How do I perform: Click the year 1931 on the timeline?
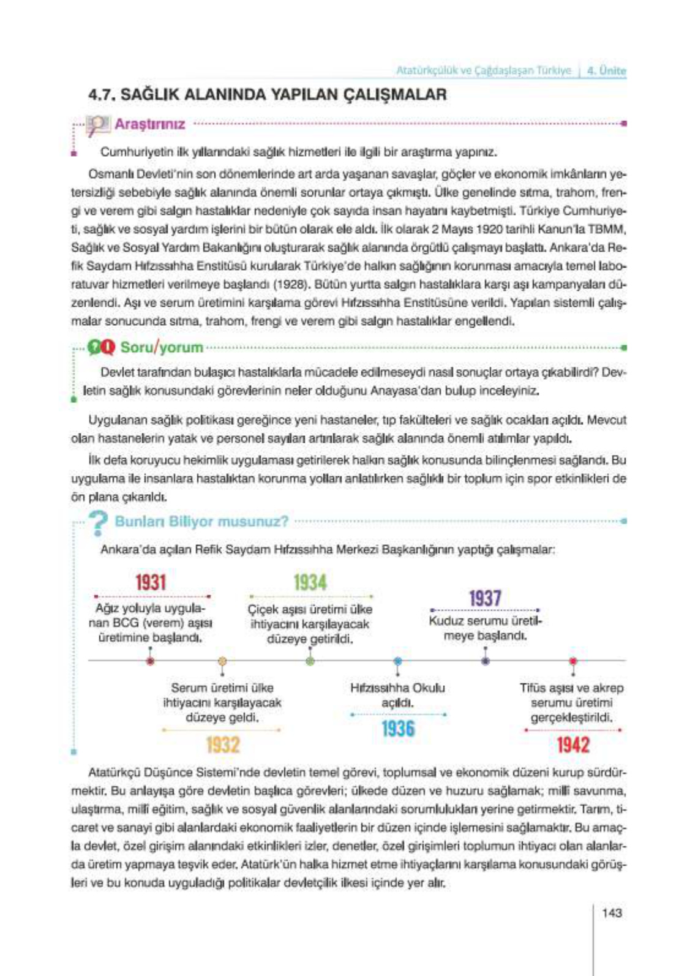click(151, 582)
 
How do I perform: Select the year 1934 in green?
click(310, 582)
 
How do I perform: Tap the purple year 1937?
click(485, 598)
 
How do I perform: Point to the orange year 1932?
click(223, 745)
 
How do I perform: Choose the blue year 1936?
click(398, 729)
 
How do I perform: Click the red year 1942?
click(573, 745)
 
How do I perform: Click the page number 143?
click(612, 913)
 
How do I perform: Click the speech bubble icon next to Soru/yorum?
click(101, 348)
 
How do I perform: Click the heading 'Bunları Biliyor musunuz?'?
click(201, 522)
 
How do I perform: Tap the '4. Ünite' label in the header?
click(606, 70)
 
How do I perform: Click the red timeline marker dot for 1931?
click(151, 661)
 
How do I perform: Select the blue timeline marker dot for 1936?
click(398, 661)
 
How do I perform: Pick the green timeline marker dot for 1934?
click(310, 661)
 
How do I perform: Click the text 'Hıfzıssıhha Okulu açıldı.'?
click(397, 695)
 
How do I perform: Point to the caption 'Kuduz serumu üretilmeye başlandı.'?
click(485, 628)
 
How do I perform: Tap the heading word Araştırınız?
click(150, 124)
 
